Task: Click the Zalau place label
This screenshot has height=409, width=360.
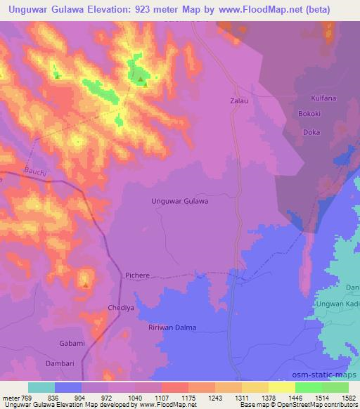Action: [240, 100]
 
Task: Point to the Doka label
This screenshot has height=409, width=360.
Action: [311, 132]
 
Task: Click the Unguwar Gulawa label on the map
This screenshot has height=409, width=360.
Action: [180, 201]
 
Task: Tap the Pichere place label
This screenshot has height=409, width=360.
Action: [138, 277]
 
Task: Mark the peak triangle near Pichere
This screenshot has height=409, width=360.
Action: [85, 285]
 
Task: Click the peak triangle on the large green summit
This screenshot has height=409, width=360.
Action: [141, 80]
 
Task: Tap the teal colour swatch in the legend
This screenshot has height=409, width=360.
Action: [41, 387]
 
